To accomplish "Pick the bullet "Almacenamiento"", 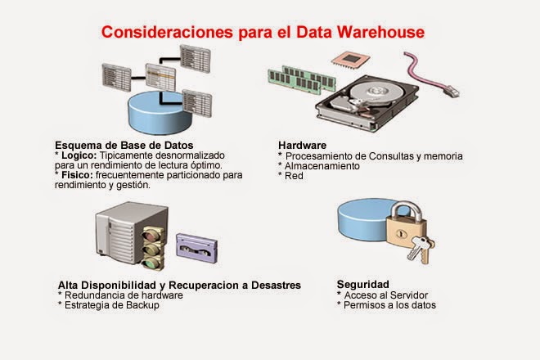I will click(322, 164).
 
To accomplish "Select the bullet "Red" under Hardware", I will click(294, 175).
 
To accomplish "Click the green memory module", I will click(299, 76).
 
